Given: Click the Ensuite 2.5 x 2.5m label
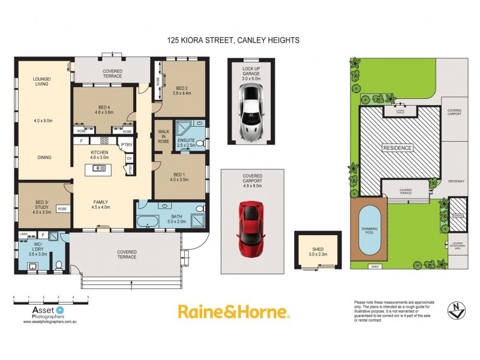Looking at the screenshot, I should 186,142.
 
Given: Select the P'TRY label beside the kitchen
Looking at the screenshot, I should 126,145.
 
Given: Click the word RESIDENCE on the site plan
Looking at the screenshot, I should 398,148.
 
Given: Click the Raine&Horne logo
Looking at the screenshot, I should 234,311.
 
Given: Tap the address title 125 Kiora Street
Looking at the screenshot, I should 233,40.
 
